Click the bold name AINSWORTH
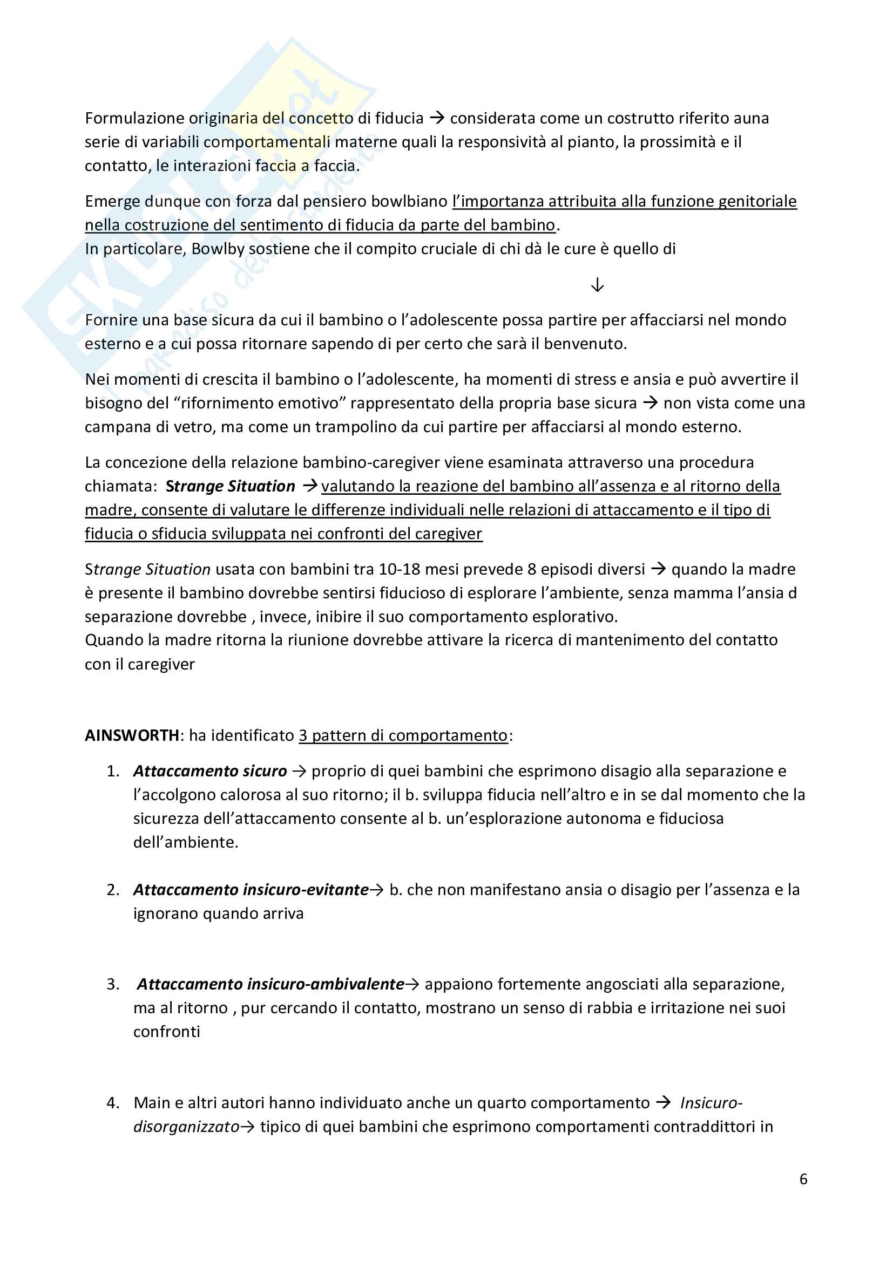click(x=131, y=735)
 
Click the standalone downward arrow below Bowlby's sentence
click(x=597, y=285)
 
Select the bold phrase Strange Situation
click(x=231, y=487)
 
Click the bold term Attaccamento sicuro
click(x=210, y=771)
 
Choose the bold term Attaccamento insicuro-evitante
click(x=251, y=890)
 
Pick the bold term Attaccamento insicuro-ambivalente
click(x=270, y=985)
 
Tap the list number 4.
click(x=113, y=1103)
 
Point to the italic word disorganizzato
click(x=186, y=1127)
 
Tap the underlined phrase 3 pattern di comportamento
click(x=403, y=735)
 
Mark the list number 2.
click(x=113, y=890)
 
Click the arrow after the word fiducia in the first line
click(x=437, y=118)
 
